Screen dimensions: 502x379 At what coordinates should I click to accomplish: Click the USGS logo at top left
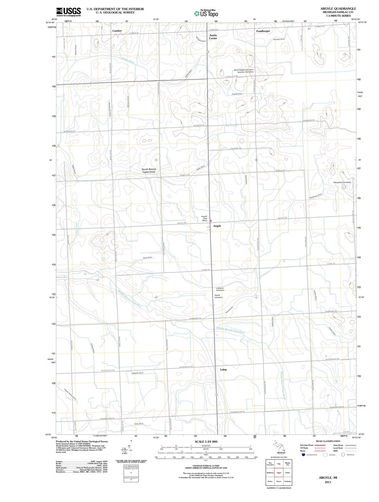pos(69,12)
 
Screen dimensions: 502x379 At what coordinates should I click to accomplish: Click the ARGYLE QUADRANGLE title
pos(338,8)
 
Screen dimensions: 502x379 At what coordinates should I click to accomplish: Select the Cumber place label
pos(117,31)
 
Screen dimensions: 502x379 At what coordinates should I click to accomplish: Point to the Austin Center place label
pos(213,37)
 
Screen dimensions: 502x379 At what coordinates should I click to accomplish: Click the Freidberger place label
pos(263,31)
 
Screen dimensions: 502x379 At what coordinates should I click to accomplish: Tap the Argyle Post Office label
pos(204,218)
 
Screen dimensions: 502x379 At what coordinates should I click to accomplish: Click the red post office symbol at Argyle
pos(211,221)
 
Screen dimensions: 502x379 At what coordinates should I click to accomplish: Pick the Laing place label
pos(223,369)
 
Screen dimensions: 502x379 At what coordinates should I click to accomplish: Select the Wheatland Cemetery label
pos(342,182)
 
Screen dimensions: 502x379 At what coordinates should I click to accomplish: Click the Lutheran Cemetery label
pos(220,289)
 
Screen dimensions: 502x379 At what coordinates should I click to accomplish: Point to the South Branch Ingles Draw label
pos(149,170)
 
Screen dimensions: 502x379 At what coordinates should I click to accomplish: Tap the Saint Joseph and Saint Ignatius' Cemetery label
pos(244,71)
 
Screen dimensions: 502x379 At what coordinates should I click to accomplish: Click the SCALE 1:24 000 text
pos(206,441)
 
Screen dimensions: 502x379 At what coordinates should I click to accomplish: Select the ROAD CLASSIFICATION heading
pos(328,441)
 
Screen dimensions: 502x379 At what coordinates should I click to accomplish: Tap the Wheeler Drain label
pos(138,373)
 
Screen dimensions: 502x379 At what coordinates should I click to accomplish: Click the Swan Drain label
pos(147,258)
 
